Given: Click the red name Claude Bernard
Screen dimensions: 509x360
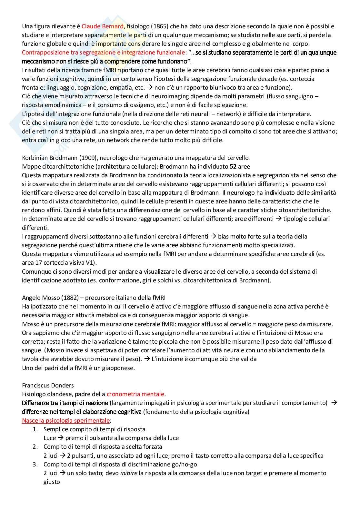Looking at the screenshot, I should pos(103,26).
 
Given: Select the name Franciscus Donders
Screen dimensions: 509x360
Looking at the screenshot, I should pos(48,385).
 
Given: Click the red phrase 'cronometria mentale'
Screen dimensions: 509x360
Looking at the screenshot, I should pos(135,394).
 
